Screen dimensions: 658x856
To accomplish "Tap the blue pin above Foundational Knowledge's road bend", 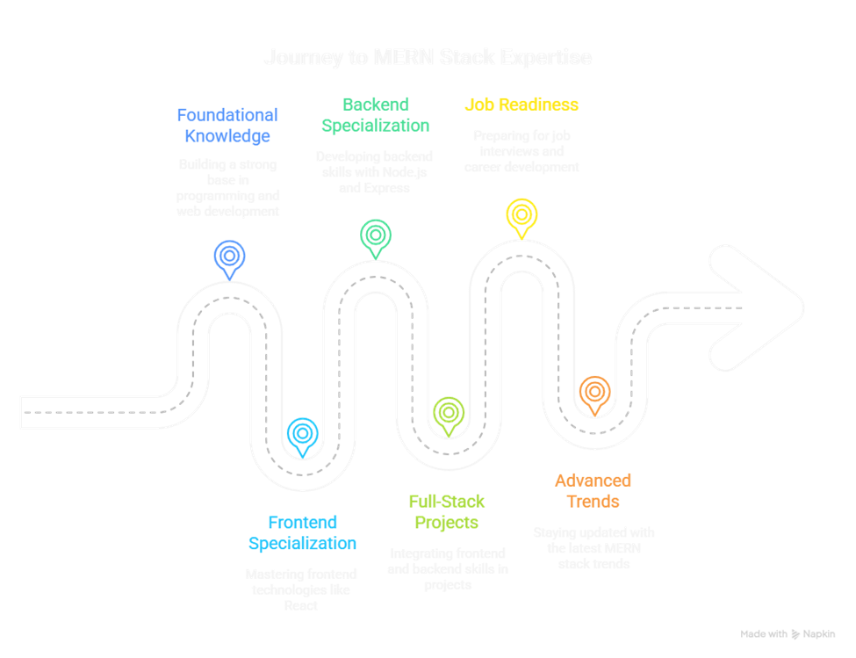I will (228, 257).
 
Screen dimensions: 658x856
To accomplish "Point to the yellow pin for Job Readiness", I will (522, 215).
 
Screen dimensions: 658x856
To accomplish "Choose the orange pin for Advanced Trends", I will (594, 392).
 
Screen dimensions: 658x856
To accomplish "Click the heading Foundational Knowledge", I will (227, 125).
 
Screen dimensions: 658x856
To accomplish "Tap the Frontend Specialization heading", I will (302, 533).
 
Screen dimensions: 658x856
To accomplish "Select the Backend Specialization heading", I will (375, 114).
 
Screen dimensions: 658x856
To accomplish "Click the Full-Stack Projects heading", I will (446, 512).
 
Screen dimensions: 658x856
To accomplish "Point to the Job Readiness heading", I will (521, 104).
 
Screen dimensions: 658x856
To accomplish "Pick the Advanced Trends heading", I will (593, 491).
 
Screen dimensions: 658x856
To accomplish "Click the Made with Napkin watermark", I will (788, 633).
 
